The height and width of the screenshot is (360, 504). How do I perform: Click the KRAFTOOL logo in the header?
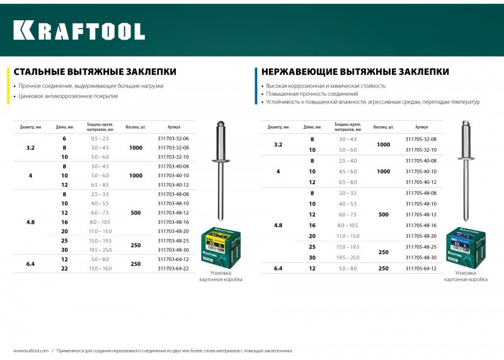click(x=79, y=30)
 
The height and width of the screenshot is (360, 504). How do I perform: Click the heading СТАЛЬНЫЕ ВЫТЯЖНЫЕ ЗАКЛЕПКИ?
click(x=95, y=72)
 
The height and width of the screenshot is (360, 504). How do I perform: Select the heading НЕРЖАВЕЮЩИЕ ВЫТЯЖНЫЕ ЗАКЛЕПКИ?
click(x=355, y=72)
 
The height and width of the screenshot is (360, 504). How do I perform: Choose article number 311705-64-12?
click(x=421, y=269)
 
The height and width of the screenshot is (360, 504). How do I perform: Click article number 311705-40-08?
click(x=421, y=161)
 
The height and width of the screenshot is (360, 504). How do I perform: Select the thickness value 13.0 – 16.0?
click(x=100, y=269)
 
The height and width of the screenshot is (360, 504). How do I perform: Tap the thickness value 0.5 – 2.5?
click(x=100, y=138)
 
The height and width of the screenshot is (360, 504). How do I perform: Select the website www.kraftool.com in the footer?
click(x=31, y=351)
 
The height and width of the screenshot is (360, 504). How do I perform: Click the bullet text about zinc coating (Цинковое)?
click(x=68, y=96)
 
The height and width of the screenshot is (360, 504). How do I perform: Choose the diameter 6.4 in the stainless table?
click(x=278, y=269)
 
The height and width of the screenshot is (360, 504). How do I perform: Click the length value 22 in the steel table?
click(x=64, y=269)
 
